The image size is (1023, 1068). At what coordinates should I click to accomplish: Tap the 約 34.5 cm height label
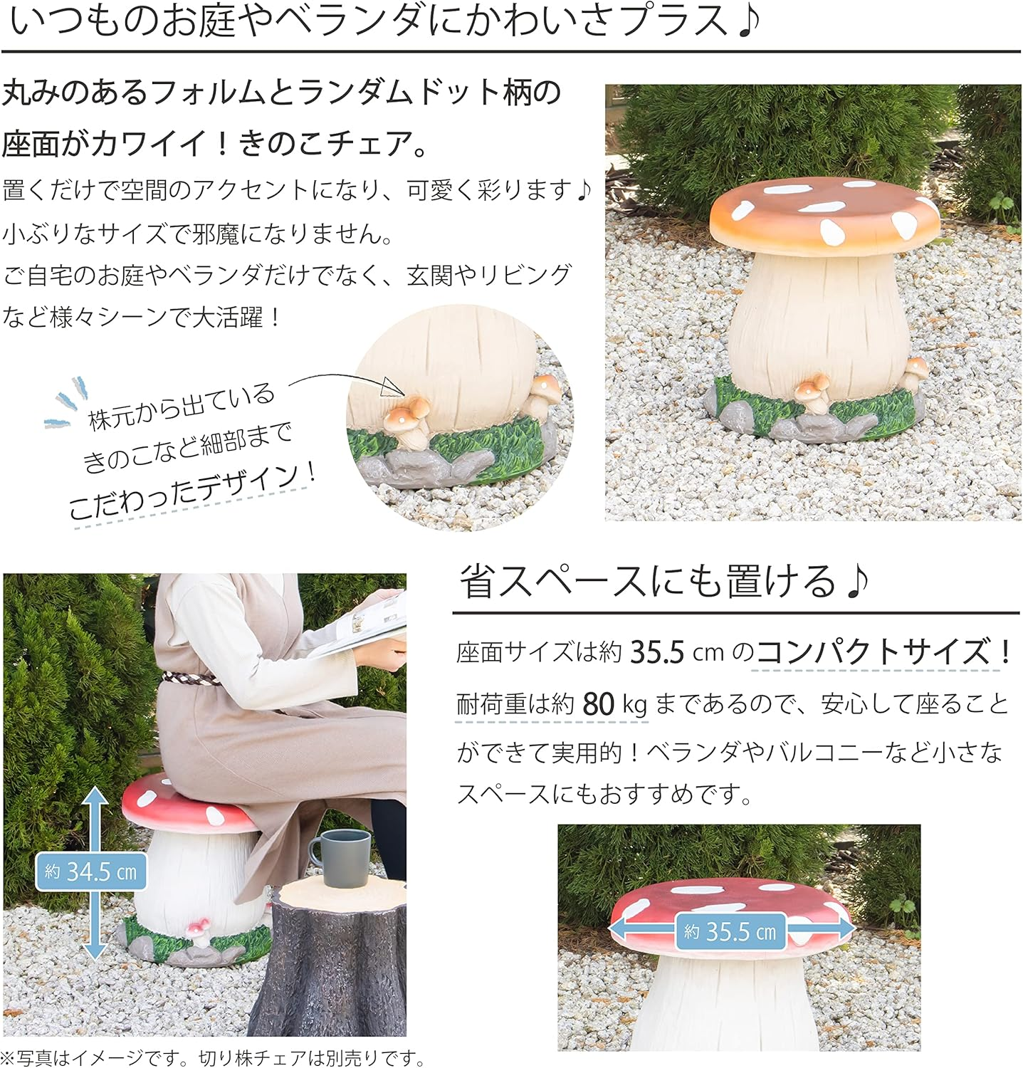click(90, 871)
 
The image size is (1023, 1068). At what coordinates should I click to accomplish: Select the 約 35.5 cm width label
click(730, 931)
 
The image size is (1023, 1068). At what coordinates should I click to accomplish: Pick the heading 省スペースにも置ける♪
click(663, 582)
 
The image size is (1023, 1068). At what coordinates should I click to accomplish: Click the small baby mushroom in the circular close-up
click(408, 421)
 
